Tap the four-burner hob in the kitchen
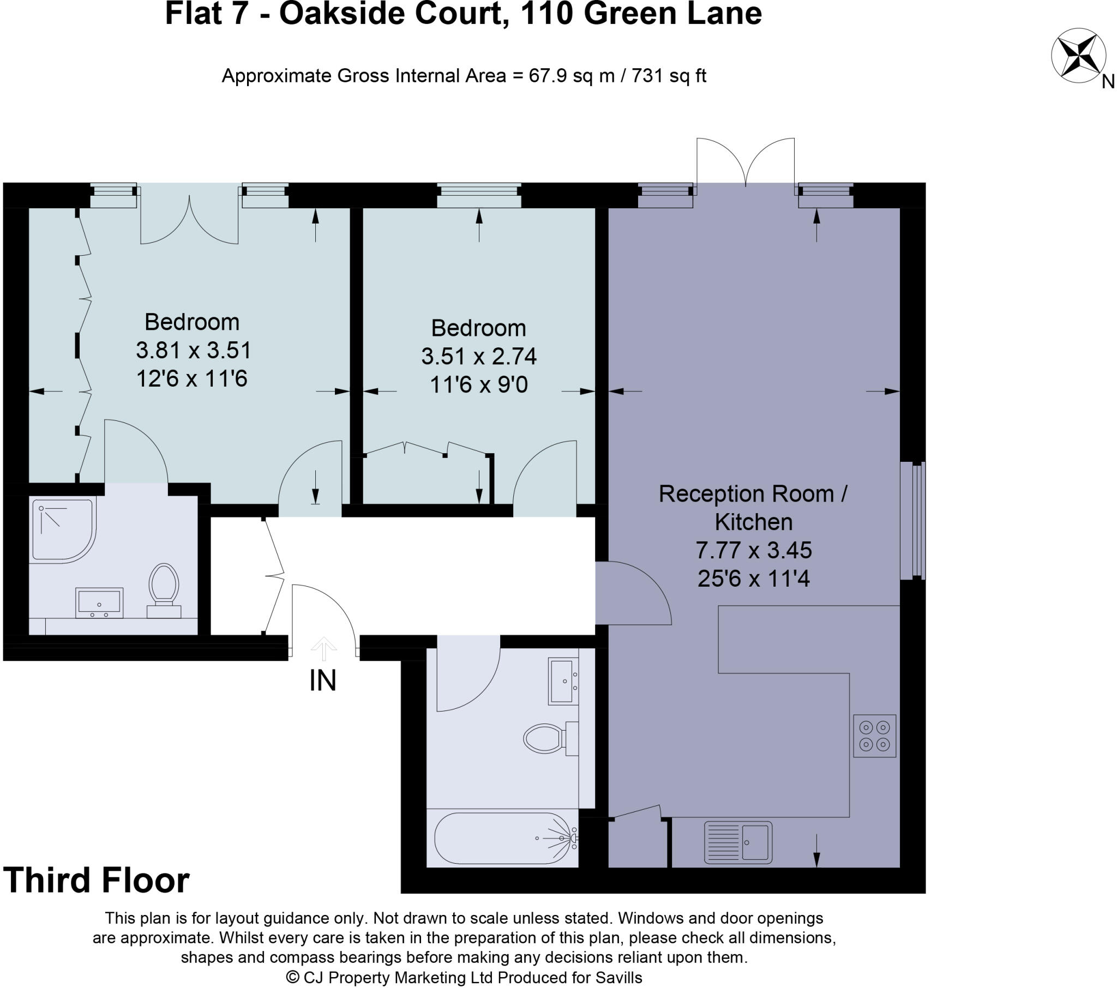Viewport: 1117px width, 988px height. pos(874,736)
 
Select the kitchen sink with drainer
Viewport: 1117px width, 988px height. pos(738,842)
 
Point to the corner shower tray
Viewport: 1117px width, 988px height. pos(61,529)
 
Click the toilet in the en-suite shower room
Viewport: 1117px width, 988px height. pos(164,590)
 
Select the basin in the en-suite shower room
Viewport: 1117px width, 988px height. pos(99,602)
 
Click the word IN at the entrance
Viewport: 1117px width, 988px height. pos(322,680)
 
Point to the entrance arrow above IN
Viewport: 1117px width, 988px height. pos(323,648)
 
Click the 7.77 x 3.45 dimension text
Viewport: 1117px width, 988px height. pos(753,550)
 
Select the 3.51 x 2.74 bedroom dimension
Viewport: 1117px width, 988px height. pos(479,356)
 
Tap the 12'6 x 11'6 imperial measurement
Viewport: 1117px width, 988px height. pos(191,378)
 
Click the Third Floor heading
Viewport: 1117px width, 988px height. pos(96,881)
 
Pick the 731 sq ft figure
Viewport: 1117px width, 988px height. pos(668,75)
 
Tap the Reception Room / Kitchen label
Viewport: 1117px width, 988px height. pos(753,507)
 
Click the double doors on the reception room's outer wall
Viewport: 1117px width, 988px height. pos(745,164)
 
